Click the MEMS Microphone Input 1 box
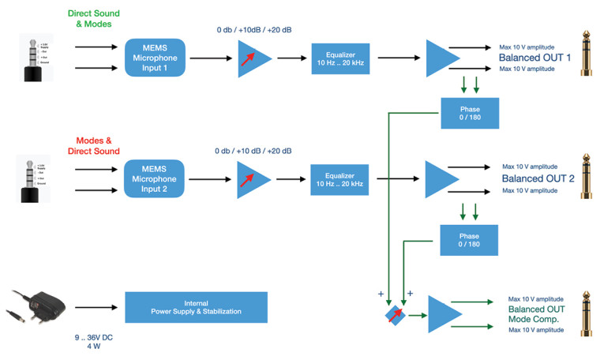(x=154, y=58)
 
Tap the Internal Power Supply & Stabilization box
(x=196, y=307)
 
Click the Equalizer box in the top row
(x=341, y=58)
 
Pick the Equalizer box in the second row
(x=340, y=179)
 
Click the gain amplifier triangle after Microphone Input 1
(x=253, y=58)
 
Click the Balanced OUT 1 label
(x=534, y=58)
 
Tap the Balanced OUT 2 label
(x=537, y=179)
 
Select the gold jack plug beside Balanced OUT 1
(x=586, y=53)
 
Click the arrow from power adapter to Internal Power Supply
(x=93, y=307)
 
